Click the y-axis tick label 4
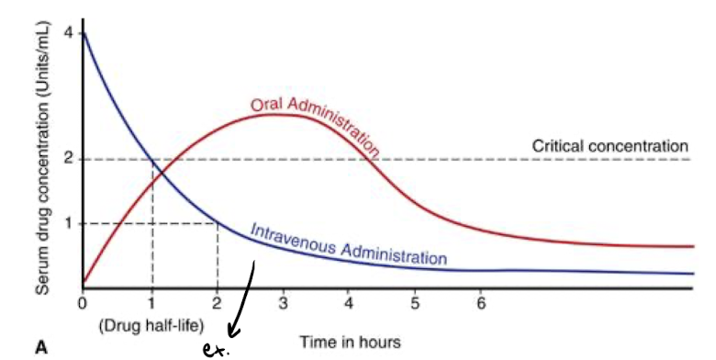[x=67, y=34]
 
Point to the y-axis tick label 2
[x=67, y=159]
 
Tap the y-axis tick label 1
[x=67, y=223]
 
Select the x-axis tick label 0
[x=83, y=302]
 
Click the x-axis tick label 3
[x=283, y=302]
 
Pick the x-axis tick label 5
[x=415, y=302]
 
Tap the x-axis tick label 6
[x=481, y=302]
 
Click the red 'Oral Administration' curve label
[x=317, y=121]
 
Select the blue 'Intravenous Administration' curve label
[x=349, y=242]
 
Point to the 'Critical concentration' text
[x=610, y=145]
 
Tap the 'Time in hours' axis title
[x=350, y=342]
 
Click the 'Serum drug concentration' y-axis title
[x=41, y=156]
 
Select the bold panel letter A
[x=41, y=346]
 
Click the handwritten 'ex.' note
[x=216, y=349]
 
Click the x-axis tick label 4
[x=349, y=302]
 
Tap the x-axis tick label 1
[x=151, y=302]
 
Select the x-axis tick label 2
[x=218, y=302]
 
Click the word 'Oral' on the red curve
[x=267, y=104]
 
